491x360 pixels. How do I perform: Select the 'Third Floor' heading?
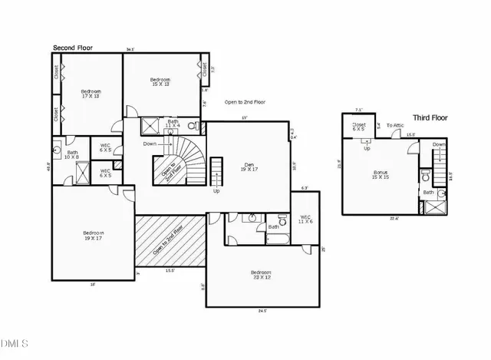click(x=431, y=117)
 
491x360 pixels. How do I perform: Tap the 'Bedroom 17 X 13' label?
click(x=91, y=94)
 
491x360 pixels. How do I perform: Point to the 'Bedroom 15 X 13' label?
click(x=160, y=83)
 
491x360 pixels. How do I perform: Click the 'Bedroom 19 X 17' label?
click(x=94, y=236)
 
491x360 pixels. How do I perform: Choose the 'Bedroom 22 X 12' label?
click(x=261, y=275)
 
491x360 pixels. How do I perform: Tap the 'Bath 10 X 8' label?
click(x=73, y=154)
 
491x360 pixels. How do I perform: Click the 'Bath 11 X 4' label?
click(x=173, y=123)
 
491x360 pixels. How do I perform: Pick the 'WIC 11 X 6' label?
click(x=305, y=219)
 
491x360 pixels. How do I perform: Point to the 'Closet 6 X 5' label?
click(x=359, y=127)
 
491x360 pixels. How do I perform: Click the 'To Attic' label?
click(x=394, y=125)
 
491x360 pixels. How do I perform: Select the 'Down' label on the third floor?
click(x=438, y=144)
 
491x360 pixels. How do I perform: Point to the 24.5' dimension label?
click(x=261, y=311)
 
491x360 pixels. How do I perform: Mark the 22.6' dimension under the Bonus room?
click(x=394, y=218)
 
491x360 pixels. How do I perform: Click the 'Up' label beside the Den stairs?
click(x=216, y=190)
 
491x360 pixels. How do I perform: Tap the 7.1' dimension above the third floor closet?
click(x=358, y=111)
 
